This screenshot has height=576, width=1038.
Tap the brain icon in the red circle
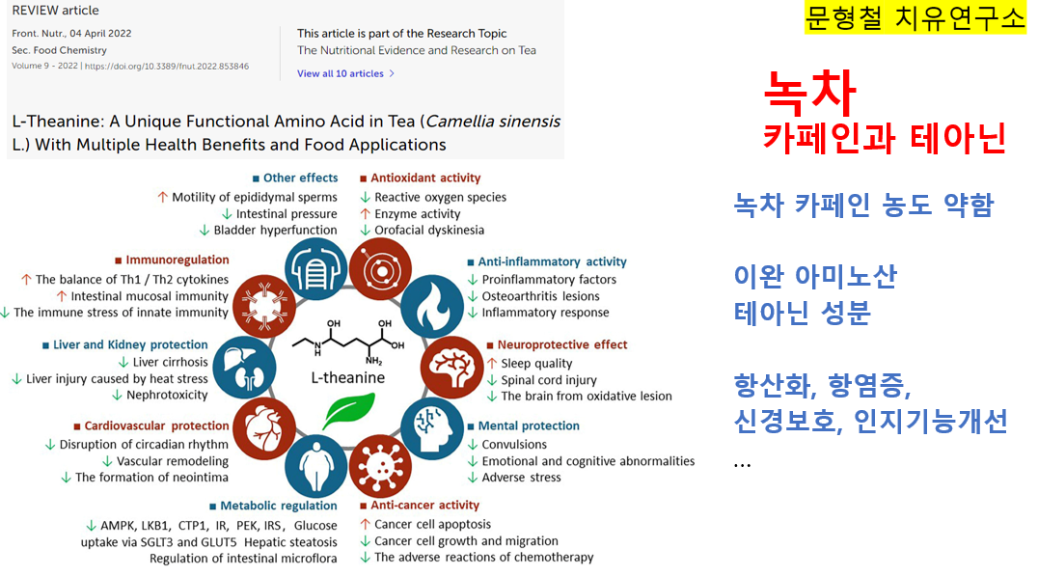[452, 369]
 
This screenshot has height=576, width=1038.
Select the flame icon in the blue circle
[432, 307]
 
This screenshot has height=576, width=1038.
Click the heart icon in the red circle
[263, 429]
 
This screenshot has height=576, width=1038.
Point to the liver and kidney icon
[244, 368]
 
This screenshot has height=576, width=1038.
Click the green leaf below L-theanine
[349, 410]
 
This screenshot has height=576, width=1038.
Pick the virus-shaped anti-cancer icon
[381, 466]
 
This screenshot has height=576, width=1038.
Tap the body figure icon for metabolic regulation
[315, 466]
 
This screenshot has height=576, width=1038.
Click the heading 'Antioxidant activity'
[425, 178]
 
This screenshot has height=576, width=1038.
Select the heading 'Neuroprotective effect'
[562, 344]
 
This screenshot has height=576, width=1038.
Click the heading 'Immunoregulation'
[178, 260]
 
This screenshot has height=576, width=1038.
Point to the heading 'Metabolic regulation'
[279, 506]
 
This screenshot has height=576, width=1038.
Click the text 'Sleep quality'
[537, 363]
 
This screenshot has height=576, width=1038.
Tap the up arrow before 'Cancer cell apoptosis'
[365, 524]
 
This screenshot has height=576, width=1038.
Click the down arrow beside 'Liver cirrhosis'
[123, 362]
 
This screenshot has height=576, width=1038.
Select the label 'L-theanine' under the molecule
[348, 378]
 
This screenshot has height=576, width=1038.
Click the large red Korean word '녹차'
[810, 92]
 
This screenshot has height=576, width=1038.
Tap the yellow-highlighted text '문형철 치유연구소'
[915, 18]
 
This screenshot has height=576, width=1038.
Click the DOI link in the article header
[167, 67]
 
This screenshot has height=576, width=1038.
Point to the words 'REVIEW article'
[56, 11]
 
